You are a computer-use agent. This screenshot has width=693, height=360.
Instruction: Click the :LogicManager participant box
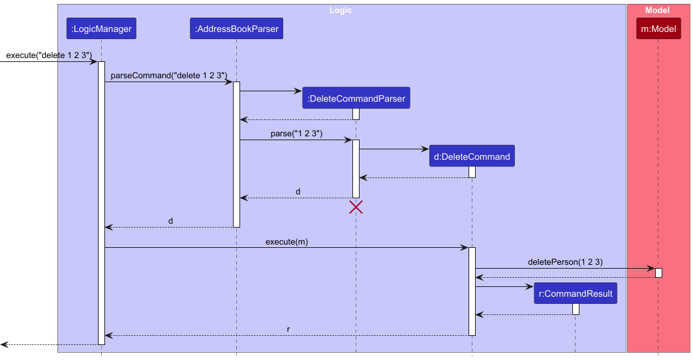pyautogui.click(x=101, y=29)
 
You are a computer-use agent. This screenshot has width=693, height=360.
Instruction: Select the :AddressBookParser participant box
pyautogui.click(x=236, y=29)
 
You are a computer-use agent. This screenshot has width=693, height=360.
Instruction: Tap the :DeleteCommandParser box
pyautogui.click(x=356, y=98)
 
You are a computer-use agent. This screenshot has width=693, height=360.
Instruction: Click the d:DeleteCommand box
pyautogui.click(x=472, y=157)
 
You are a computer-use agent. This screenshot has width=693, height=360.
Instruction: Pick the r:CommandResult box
pyautogui.click(x=575, y=293)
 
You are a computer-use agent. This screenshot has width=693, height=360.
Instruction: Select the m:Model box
pyautogui.click(x=658, y=29)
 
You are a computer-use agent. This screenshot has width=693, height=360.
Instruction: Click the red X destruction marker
pyautogui.click(x=356, y=207)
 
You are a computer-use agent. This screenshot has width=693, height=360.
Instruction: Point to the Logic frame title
pyautogui.click(x=340, y=10)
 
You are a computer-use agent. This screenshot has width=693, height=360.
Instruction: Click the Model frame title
pyautogui.click(x=657, y=10)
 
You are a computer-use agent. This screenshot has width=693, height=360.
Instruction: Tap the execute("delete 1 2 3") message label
pyautogui.click(x=49, y=55)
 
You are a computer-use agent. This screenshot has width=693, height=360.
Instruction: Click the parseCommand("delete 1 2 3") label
pyautogui.click(x=169, y=76)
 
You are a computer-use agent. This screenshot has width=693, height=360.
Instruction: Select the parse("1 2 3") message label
pyautogui.click(x=296, y=134)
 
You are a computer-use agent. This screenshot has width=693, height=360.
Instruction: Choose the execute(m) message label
pyautogui.click(x=286, y=241)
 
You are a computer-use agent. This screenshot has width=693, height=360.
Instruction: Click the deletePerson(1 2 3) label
pyautogui.click(x=565, y=262)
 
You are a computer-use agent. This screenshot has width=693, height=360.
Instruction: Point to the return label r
pyautogui.click(x=288, y=329)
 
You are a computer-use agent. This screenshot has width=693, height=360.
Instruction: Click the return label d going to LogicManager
pyautogui.click(x=170, y=221)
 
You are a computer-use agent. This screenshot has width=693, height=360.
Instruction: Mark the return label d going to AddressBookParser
pyautogui.click(x=298, y=192)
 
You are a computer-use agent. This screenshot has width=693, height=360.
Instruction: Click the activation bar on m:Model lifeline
pyautogui.click(x=658, y=273)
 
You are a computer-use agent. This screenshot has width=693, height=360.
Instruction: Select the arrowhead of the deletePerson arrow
pyautogui.click(x=651, y=268)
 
